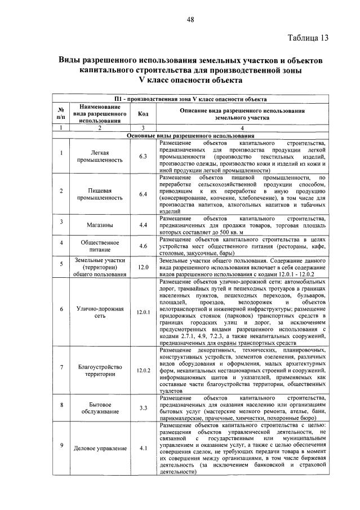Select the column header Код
[x=143, y=114]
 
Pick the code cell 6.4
[x=143, y=194]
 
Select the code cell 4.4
[x=143, y=225]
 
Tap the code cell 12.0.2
[x=143, y=370]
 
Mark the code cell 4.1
[x=143, y=449]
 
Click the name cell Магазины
[x=100, y=225]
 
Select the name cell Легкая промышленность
[x=100, y=156]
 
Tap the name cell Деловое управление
[x=100, y=449]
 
